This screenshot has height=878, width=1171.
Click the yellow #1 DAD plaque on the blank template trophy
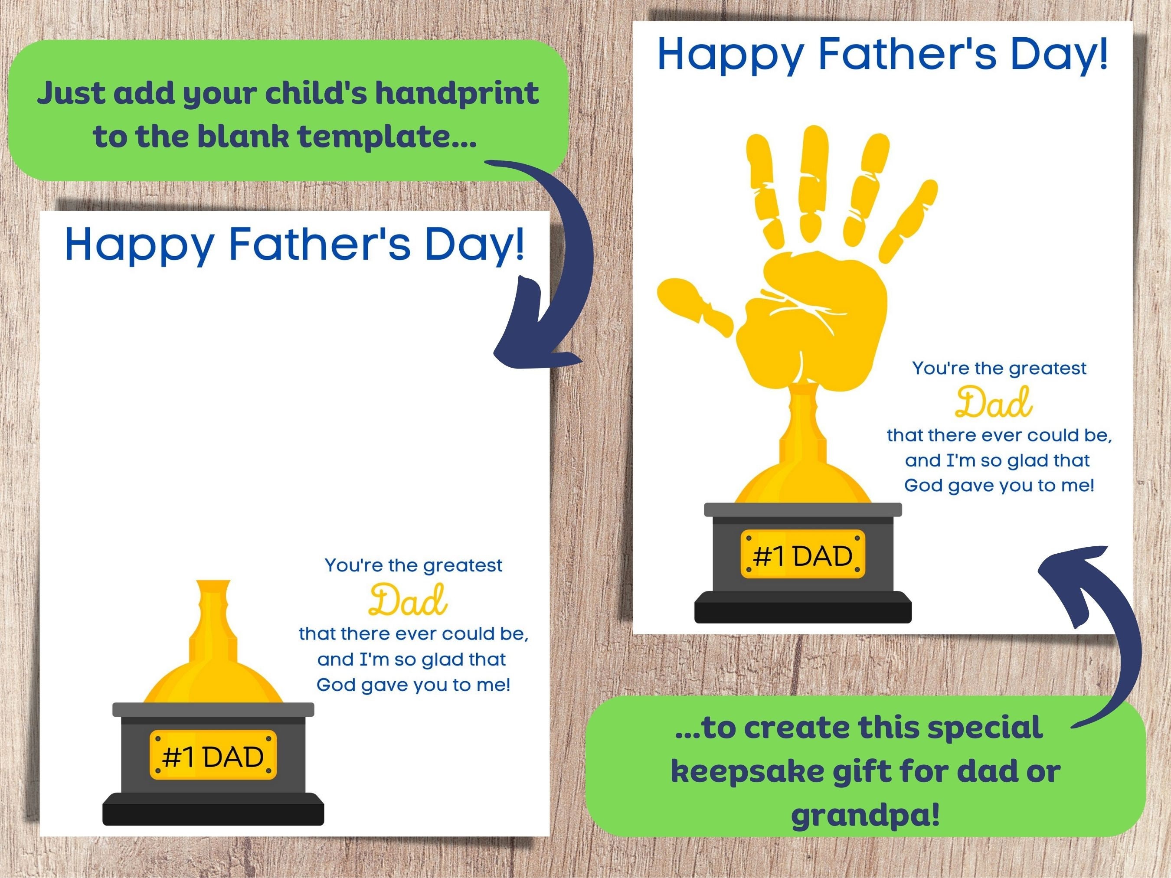click(x=213, y=756)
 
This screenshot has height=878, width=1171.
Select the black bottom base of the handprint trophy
click(x=802, y=607)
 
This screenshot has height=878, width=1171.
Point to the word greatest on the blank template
click(x=463, y=565)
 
